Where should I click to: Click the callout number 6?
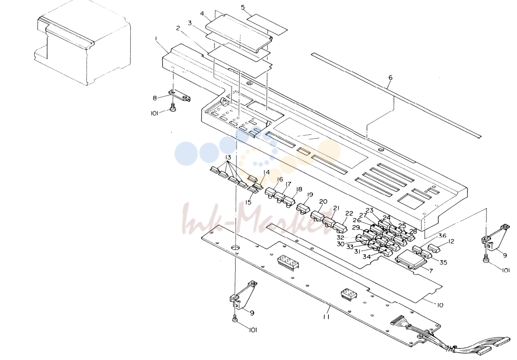click(390, 78)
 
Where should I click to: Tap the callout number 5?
click(243, 7)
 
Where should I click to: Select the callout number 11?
click(326, 317)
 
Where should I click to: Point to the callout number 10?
click(440, 305)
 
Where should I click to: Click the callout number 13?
click(228, 158)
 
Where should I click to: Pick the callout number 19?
click(310, 195)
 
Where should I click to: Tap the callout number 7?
click(431, 271)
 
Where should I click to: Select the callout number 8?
click(155, 98)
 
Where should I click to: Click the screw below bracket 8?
click(172, 108)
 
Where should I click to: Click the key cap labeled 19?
click(303, 208)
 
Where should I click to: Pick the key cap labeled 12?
click(434, 249)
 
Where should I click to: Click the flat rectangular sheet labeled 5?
click(267, 24)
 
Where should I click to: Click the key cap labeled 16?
click(271, 193)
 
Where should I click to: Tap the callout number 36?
click(442, 236)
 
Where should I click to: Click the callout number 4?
click(202, 14)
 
